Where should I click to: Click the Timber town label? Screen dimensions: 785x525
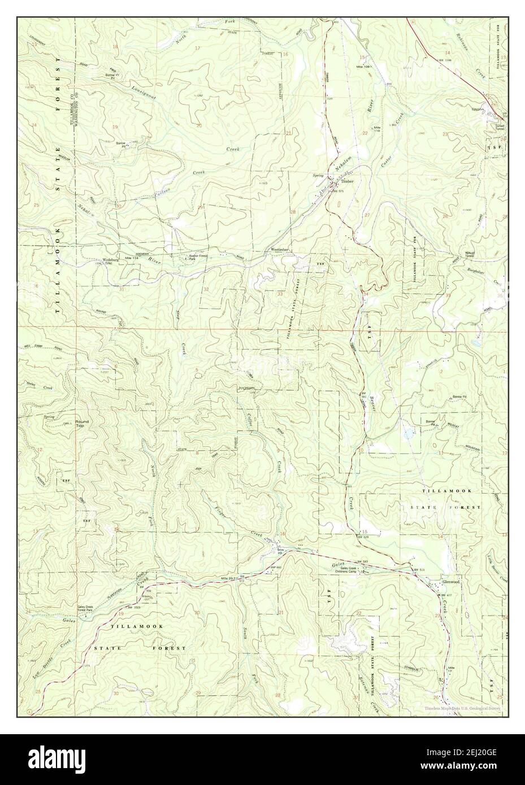point(347,181)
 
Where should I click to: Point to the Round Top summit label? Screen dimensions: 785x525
point(83,424)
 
